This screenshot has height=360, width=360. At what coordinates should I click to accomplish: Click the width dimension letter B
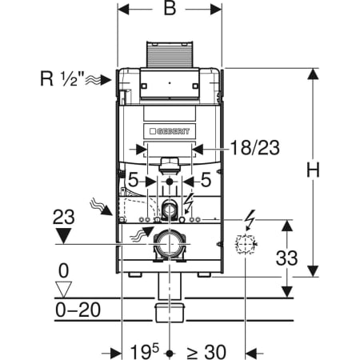click(x=170, y=8)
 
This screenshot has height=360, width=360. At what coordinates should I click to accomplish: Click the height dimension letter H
click(x=313, y=170)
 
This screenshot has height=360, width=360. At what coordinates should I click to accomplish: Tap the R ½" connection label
click(x=62, y=78)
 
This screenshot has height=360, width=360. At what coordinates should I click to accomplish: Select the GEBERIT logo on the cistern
click(x=170, y=131)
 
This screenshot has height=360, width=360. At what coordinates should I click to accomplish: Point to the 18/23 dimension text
click(x=255, y=148)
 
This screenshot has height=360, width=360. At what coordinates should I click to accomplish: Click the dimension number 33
click(x=286, y=258)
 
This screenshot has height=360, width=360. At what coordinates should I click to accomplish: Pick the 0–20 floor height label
click(x=78, y=310)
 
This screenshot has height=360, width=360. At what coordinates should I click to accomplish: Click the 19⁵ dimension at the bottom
click(x=144, y=352)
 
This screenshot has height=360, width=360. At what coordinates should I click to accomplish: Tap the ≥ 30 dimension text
click(x=206, y=352)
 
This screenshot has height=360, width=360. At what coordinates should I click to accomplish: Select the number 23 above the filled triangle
click(x=64, y=217)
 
